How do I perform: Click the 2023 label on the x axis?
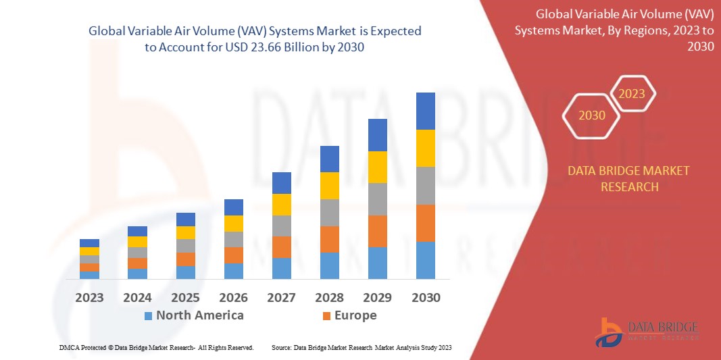pos(89,297)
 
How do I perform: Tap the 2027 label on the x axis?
pos(282,297)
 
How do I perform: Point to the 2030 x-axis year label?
pos(426,297)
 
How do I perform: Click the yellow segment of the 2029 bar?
pos(378,167)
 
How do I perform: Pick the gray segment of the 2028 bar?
pos(330,212)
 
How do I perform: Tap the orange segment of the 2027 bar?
pos(282,247)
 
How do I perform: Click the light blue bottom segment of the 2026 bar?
pos(234,271)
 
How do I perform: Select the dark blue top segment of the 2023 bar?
pos(89,243)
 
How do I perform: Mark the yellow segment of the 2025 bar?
pos(186,232)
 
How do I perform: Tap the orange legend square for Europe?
pos(326,315)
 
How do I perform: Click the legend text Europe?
pos(355,315)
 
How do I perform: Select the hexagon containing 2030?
pos(592,115)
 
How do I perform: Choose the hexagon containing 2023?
pos(632,94)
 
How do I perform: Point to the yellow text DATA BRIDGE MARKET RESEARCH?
pos(629,178)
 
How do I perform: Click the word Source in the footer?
pos(280,347)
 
